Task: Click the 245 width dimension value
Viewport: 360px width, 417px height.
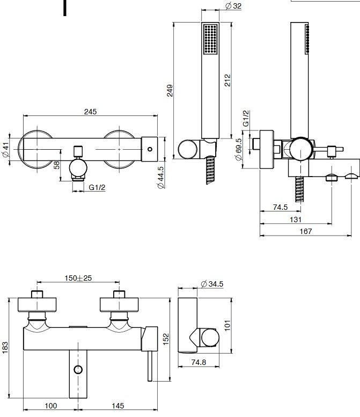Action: point(90,112)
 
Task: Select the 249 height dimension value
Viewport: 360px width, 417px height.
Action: point(170,90)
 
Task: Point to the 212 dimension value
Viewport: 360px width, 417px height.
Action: point(227,80)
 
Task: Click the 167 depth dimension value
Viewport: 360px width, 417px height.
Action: point(306,231)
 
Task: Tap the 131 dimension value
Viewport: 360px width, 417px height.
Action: point(295,219)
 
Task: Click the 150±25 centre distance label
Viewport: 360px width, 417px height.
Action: point(78,278)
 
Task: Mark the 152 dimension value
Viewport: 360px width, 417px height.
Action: point(166,339)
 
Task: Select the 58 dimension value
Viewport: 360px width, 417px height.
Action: point(57,165)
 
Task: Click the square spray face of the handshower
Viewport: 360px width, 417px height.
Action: point(209,39)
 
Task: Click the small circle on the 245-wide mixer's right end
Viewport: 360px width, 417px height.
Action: point(149,148)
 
